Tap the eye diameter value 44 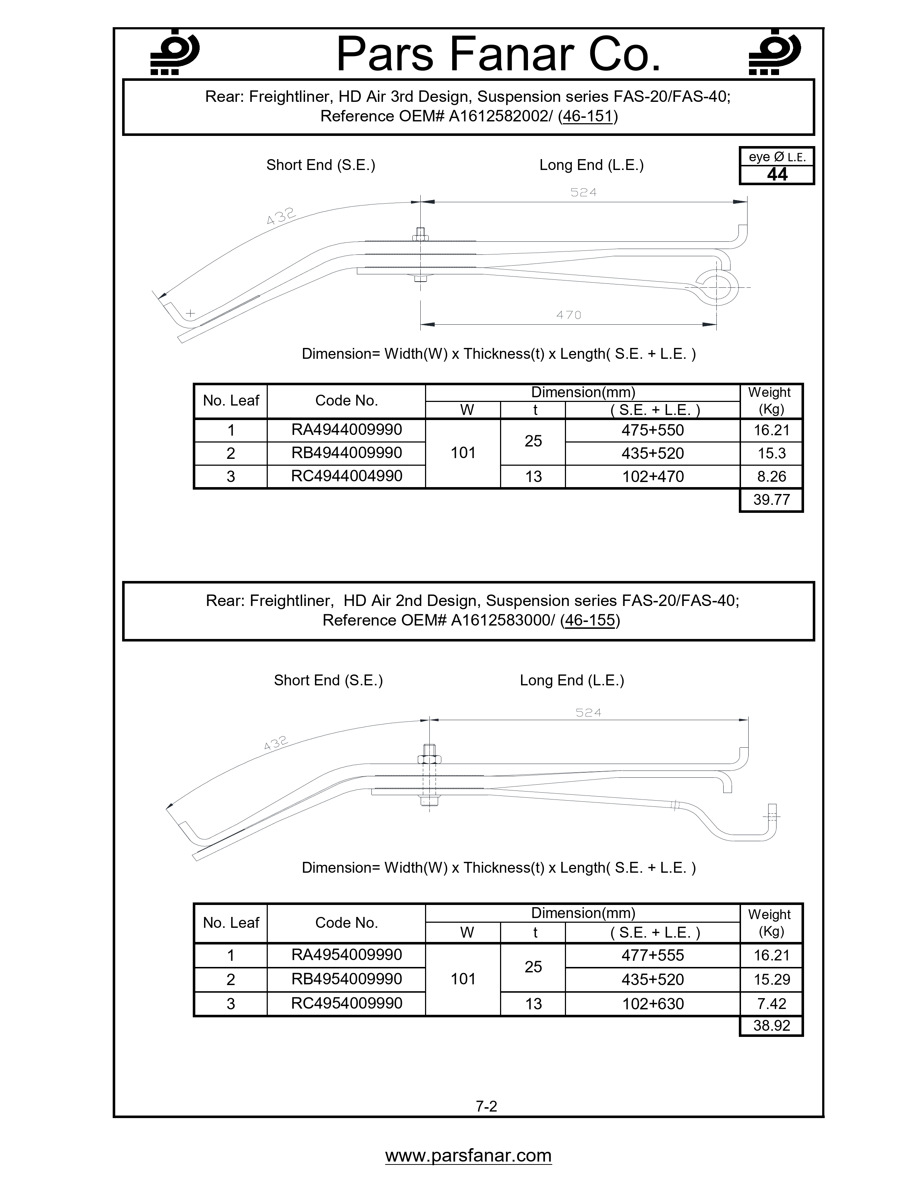click(777, 175)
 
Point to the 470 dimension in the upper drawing click(569, 315)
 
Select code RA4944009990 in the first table click(346, 429)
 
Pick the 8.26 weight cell click(771, 477)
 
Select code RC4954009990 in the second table click(346, 1003)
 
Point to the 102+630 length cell click(653, 1004)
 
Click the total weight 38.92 click(771, 1025)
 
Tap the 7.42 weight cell click(771, 1004)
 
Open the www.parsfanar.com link click(468, 1155)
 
